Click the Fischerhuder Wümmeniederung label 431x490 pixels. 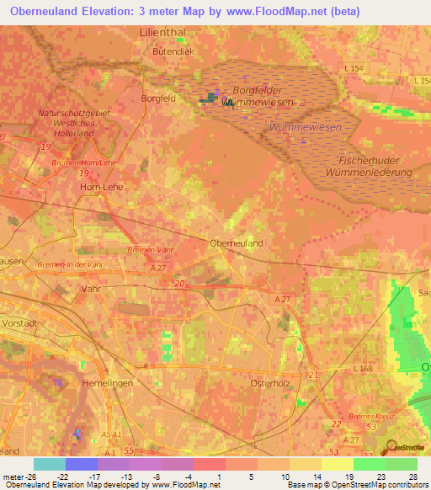pos(375,165)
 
